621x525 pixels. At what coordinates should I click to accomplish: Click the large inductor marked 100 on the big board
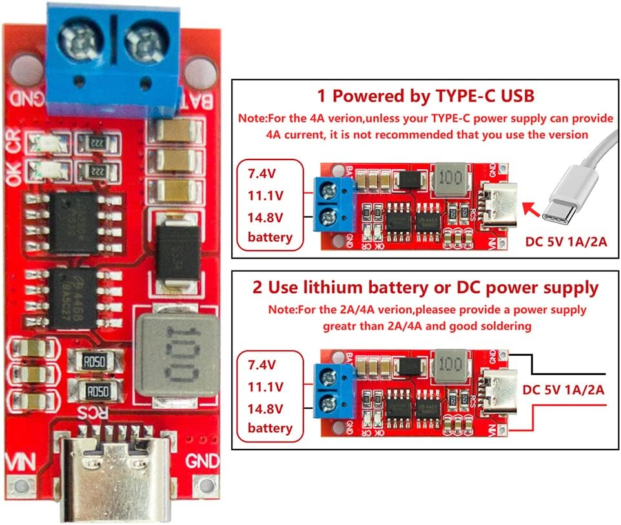(x=176, y=354)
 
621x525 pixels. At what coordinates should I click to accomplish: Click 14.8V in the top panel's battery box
(x=270, y=216)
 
